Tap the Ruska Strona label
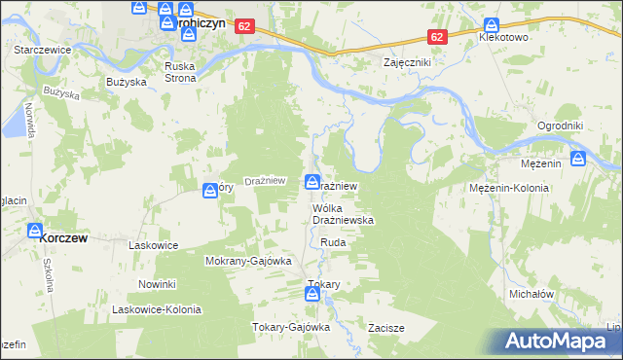180,72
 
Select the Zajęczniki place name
408,61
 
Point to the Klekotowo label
502,37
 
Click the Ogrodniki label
560,126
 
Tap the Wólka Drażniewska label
343,214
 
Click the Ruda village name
333,242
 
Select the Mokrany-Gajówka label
248,262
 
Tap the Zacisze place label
385,328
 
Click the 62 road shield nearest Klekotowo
437,37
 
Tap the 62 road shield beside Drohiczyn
244,28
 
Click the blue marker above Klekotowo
492,24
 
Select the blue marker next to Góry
209,192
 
